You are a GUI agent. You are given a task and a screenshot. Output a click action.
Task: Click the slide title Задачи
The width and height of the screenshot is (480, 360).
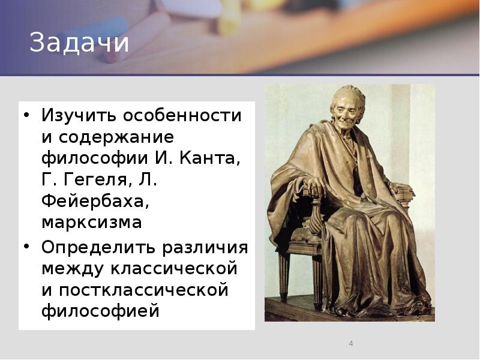(80, 43)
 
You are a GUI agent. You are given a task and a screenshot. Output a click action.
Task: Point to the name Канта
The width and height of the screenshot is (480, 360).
(211, 159)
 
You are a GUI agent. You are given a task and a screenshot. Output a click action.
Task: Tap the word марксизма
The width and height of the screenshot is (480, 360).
(92, 223)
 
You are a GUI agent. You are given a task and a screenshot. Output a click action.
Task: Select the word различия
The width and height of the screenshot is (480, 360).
(204, 247)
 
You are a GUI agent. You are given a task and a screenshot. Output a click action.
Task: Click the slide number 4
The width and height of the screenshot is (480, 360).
(351, 344)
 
